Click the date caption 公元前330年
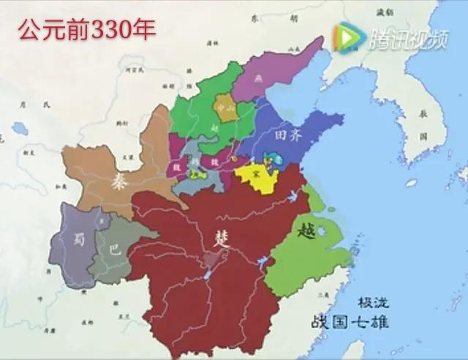(87, 30)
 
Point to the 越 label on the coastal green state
(306, 230)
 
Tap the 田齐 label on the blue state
(287, 135)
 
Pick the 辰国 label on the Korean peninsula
(423, 125)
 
